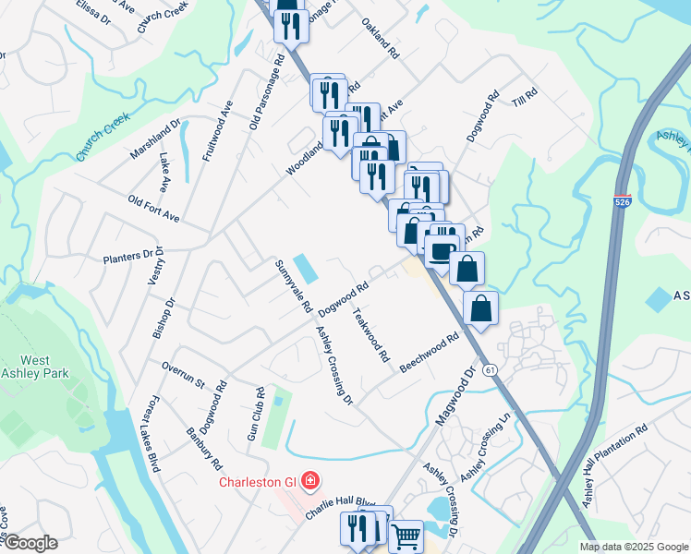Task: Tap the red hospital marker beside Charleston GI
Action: pyautogui.click(x=310, y=481)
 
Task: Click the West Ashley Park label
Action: pyautogui.click(x=35, y=368)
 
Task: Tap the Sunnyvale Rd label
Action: pyautogui.click(x=290, y=285)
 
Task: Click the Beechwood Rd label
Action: pyautogui.click(x=430, y=355)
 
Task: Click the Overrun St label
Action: pyautogui.click(x=182, y=380)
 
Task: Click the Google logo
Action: pyautogui.click(x=30, y=543)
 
